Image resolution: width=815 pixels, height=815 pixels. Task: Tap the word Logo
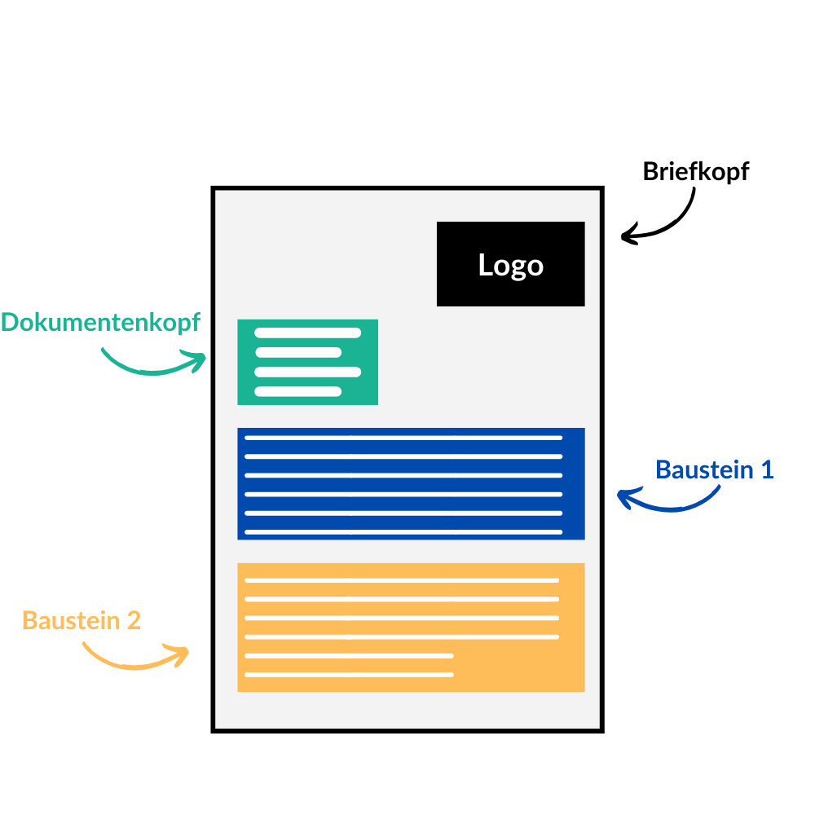coord(510,266)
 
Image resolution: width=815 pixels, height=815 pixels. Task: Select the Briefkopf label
coord(695,172)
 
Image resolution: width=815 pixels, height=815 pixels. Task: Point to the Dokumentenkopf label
coord(100,323)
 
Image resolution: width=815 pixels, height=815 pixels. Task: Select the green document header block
coord(307,362)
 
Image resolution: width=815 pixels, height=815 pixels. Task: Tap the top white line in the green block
coord(307,333)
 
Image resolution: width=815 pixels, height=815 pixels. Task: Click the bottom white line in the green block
coord(297,391)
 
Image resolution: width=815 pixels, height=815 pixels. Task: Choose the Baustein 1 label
coord(714,470)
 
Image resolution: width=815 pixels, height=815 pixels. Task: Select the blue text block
coord(411,483)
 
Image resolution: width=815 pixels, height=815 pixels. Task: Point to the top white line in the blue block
coord(403,438)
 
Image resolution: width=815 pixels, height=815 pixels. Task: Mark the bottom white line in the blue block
coord(403,532)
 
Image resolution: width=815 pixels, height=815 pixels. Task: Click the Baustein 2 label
coord(81,620)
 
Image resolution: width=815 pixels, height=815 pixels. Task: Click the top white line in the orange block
coord(402,580)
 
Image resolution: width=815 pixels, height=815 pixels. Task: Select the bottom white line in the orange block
coord(349,675)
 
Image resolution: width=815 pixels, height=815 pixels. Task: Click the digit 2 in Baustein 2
coord(134,620)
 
